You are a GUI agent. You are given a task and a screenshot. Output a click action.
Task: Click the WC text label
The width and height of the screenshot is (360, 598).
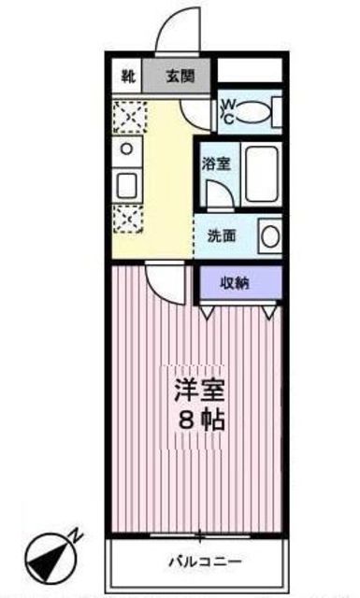tap(227, 110)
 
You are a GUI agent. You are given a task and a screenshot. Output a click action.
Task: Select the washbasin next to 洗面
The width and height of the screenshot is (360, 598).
tap(269, 235)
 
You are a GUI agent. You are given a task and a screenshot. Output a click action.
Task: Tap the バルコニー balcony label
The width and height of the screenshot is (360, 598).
tap(205, 562)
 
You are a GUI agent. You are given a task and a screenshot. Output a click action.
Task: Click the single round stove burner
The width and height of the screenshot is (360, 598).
tap(126, 149)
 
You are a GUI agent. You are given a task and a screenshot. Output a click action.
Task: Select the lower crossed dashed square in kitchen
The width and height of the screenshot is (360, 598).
tap(125, 217)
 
